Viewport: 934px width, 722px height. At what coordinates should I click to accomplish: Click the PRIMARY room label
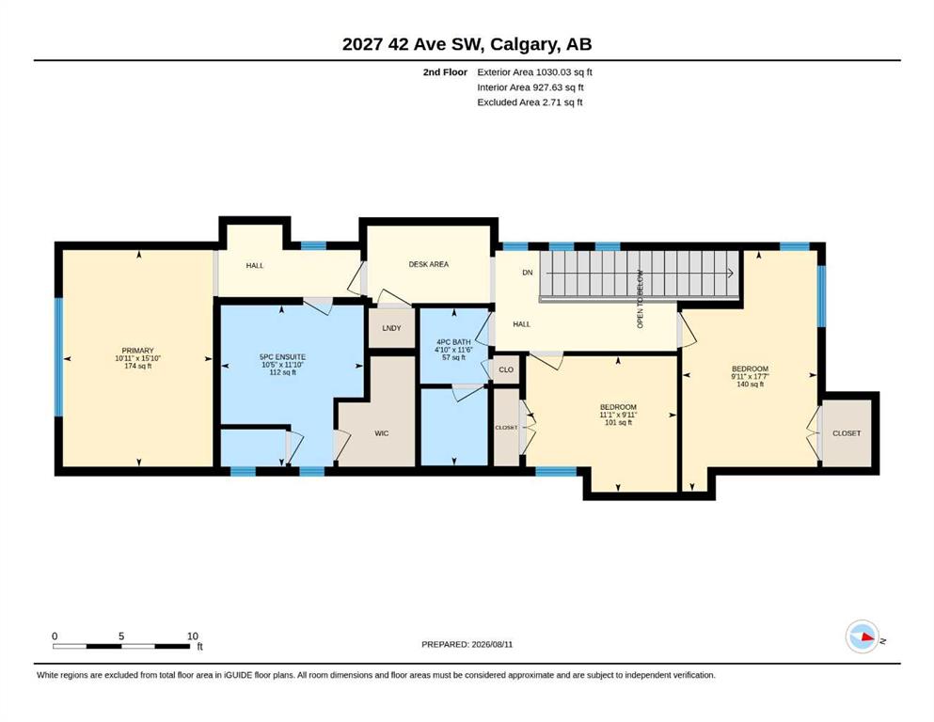pyautogui.click(x=137, y=351)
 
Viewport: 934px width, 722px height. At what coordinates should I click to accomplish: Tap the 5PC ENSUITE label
pyautogui.click(x=282, y=357)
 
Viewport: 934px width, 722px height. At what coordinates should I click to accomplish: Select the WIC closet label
pyautogui.click(x=382, y=433)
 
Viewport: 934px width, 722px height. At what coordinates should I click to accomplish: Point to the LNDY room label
pyautogui.click(x=392, y=328)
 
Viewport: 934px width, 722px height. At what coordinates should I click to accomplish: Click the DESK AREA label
pyautogui.click(x=428, y=264)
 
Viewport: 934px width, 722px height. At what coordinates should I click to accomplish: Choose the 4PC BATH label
pyautogui.click(x=454, y=342)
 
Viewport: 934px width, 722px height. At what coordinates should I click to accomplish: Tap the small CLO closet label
pyautogui.click(x=506, y=369)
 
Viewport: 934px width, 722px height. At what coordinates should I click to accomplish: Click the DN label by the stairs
pyautogui.click(x=527, y=273)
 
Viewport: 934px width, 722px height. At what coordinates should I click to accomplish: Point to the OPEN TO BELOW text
pyautogui.click(x=641, y=299)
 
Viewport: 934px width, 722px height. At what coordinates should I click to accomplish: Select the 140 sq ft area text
pyautogui.click(x=750, y=385)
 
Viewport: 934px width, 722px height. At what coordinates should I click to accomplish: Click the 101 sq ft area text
pyautogui.click(x=618, y=423)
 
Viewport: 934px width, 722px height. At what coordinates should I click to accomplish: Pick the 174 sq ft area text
pyautogui.click(x=137, y=366)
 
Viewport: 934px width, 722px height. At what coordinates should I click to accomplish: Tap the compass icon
pyautogui.click(x=863, y=636)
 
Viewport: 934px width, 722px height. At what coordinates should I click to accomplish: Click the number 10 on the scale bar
pyautogui.click(x=193, y=636)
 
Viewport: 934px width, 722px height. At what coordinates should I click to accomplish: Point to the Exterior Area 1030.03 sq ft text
pyautogui.click(x=534, y=72)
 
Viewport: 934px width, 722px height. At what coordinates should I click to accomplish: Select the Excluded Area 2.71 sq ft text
pyautogui.click(x=530, y=102)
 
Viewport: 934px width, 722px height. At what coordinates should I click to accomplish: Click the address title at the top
pyautogui.click(x=467, y=44)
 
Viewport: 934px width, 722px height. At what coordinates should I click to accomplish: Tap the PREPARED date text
pyautogui.click(x=467, y=644)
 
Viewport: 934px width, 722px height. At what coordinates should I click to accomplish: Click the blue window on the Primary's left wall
pyautogui.click(x=58, y=357)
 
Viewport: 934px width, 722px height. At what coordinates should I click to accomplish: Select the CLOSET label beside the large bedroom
pyautogui.click(x=847, y=433)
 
